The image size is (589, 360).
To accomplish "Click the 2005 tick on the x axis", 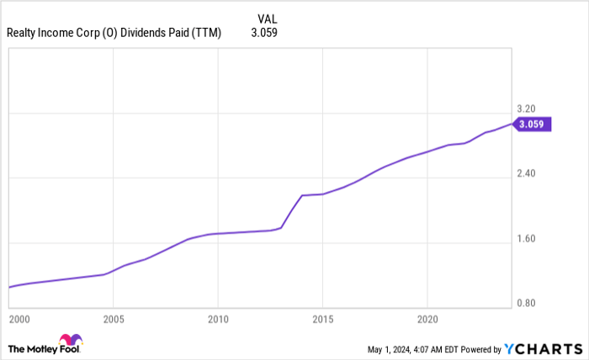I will click(114, 320).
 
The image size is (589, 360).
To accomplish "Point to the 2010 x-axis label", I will click(218, 320).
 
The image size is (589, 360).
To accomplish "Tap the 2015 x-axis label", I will click(322, 320).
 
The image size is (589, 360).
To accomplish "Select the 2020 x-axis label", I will click(427, 320).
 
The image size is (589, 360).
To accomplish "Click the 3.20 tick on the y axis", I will click(527, 109).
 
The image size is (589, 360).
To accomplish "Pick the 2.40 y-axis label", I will click(527, 173).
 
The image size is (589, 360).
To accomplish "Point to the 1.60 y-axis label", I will click(527, 239).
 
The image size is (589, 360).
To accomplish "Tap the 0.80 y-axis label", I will click(527, 304).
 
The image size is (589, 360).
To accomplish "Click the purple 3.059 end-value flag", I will click(535, 124).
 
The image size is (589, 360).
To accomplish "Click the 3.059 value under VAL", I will click(264, 34).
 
